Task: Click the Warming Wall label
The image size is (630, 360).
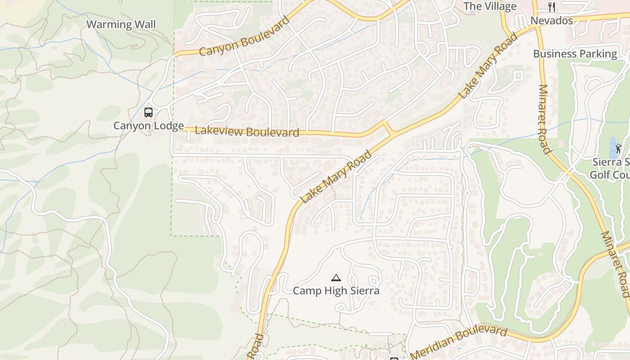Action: coord(121,24)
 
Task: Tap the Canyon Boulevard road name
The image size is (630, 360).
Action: coord(244,37)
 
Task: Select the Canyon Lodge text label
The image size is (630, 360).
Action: coord(148,126)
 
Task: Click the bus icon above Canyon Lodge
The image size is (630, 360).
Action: coord(148,112)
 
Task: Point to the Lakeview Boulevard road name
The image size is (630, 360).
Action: coord(247,131)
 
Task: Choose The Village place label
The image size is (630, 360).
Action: coord(490,6)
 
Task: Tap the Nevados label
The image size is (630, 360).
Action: coord(552,21)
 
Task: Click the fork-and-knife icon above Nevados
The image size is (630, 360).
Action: coord(552,7)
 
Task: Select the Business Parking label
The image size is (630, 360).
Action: coord(575,54)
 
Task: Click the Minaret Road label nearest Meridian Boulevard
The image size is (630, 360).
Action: coord(615,264)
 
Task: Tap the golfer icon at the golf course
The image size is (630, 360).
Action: coord(619,148)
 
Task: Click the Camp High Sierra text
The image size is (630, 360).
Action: coord(336,291)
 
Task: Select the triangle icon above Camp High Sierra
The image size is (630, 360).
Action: coord(336,278)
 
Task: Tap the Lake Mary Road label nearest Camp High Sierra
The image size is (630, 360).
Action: coord(337,177)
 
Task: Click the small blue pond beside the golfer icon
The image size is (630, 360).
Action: coord(613,147)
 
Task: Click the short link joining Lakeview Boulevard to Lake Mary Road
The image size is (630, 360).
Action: coord(387,129)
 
